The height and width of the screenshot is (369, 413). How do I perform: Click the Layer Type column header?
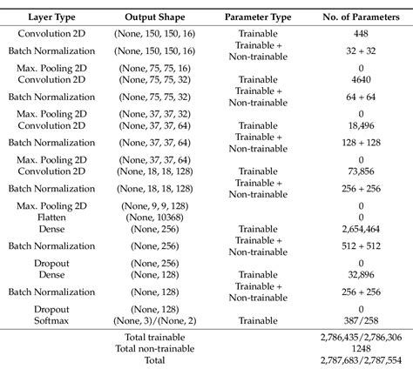(51, 17)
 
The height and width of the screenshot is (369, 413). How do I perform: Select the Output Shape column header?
(155, 17)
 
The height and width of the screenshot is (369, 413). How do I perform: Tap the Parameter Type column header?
(258, 17)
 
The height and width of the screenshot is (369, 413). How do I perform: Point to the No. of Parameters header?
(361, 17)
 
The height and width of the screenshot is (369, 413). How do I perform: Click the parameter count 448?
(361, 33)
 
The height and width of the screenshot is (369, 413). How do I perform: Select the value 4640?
(361, 79)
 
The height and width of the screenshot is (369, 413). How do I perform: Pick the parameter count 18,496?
(361, 125)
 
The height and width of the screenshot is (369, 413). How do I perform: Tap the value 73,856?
(361, 171)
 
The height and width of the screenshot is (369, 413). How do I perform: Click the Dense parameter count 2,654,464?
(361, 229)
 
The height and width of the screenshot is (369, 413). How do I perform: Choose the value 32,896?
(361, 274)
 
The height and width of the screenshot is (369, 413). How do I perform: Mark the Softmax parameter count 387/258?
(361, 320)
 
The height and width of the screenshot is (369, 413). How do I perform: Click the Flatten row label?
(51, 218)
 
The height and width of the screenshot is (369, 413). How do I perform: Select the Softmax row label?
(51, 320)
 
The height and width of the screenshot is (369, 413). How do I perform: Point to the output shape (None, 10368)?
(155, 218)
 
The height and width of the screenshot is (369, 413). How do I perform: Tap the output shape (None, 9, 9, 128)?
(155, 206)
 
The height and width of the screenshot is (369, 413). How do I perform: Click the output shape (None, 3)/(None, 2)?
(155, 320)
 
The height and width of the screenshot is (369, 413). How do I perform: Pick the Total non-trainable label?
(155, 348)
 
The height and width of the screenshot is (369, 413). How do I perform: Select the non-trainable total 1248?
(361, 348)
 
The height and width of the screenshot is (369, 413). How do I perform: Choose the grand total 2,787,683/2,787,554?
(361, 360)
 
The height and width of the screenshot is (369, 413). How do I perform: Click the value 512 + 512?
(361, 246)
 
